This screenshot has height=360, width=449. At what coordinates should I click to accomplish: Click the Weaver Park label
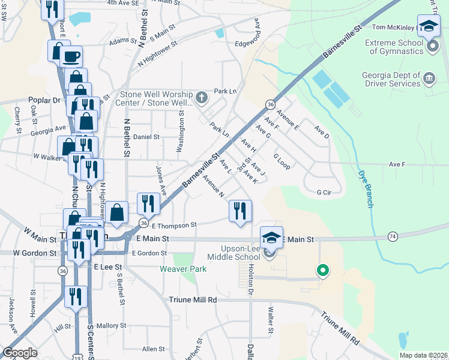[183, 269]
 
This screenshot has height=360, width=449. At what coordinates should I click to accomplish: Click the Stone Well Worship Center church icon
[202, 96]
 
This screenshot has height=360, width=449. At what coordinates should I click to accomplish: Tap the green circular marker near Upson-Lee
[323, 271]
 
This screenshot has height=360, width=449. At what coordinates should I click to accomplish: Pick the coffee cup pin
[70, 56]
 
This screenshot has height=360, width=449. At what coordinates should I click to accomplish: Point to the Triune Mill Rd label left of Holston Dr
[192, 298]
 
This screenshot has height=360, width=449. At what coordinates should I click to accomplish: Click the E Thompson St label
[174, 225]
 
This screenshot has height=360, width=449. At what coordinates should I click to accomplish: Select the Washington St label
[181, 130]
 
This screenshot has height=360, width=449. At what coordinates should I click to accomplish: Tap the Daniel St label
[146, 137]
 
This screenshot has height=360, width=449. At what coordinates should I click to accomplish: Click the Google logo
[20, 353]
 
